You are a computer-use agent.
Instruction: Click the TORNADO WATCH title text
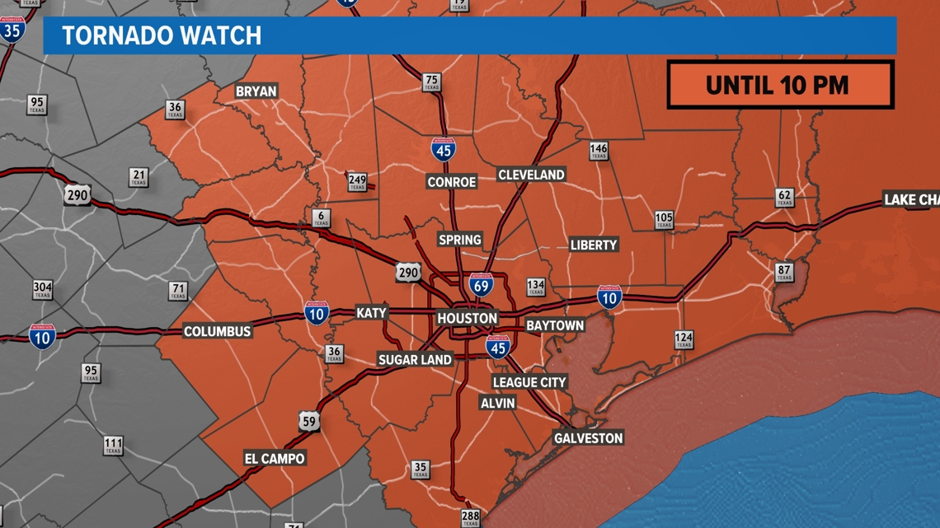tap(162, 35)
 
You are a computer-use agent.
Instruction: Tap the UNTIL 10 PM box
tap(780, 85)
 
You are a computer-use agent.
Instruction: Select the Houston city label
tap(467, 318)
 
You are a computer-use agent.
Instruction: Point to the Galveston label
tap(588, 437)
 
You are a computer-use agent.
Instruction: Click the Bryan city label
tap(256, 91)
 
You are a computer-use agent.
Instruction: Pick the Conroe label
tap(451, 181)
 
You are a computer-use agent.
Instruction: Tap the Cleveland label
tap(531, 175)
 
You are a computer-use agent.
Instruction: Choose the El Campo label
tap(275, 458)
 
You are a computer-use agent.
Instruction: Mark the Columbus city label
tap(217, 331)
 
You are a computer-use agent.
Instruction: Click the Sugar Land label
tap(415, 359)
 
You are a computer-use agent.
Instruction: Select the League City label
tap(529, 382)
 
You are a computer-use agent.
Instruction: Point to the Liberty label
tap(594, 245)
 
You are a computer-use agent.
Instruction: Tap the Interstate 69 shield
tap(482, 285)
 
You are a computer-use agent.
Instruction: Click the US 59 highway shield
tap(309, 421)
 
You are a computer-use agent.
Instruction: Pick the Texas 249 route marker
tap(357, 181)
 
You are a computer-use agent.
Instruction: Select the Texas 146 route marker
tap(599, 152)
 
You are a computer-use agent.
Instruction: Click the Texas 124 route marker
tap(684, 339)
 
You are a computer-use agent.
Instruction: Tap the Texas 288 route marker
tap(470, 518)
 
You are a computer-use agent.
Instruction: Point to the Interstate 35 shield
tap(12, 30)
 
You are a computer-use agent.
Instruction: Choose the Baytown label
tap(555, 325)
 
